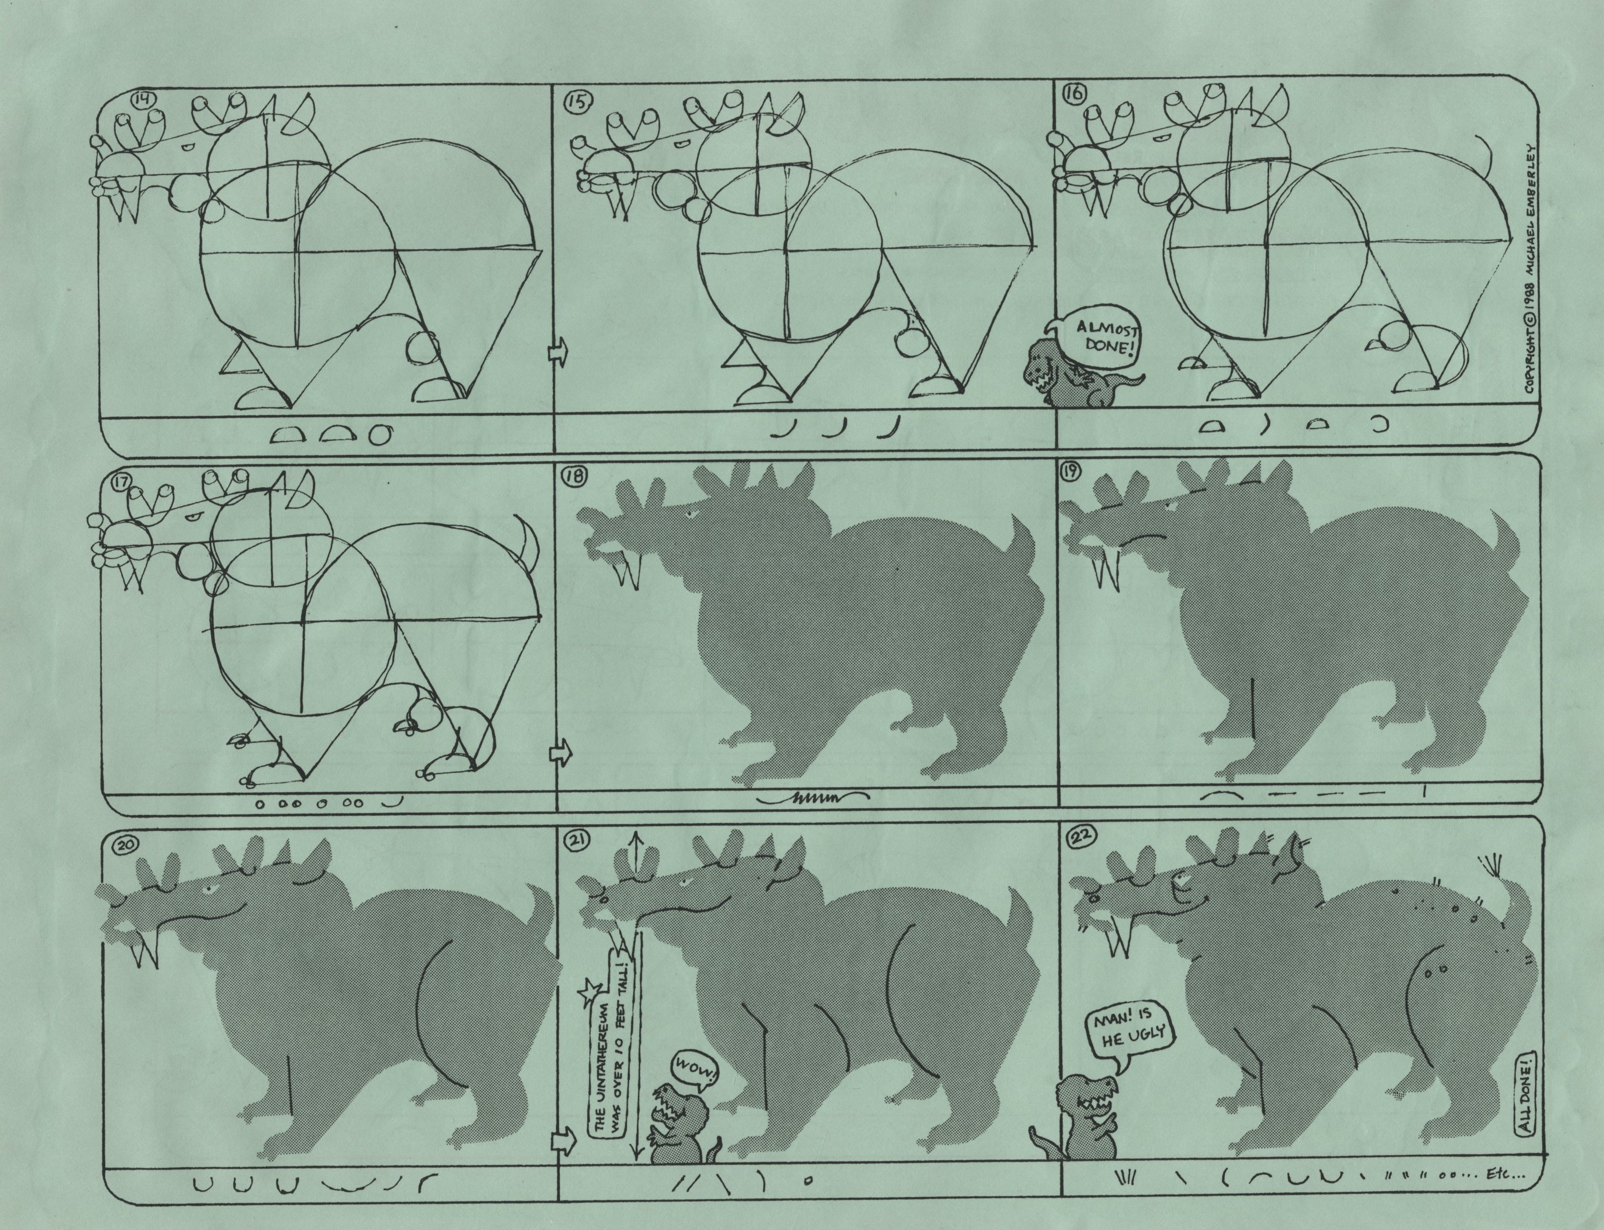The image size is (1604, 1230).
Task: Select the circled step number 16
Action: coord(1077,92)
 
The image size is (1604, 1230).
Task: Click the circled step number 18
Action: coord(574,476)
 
